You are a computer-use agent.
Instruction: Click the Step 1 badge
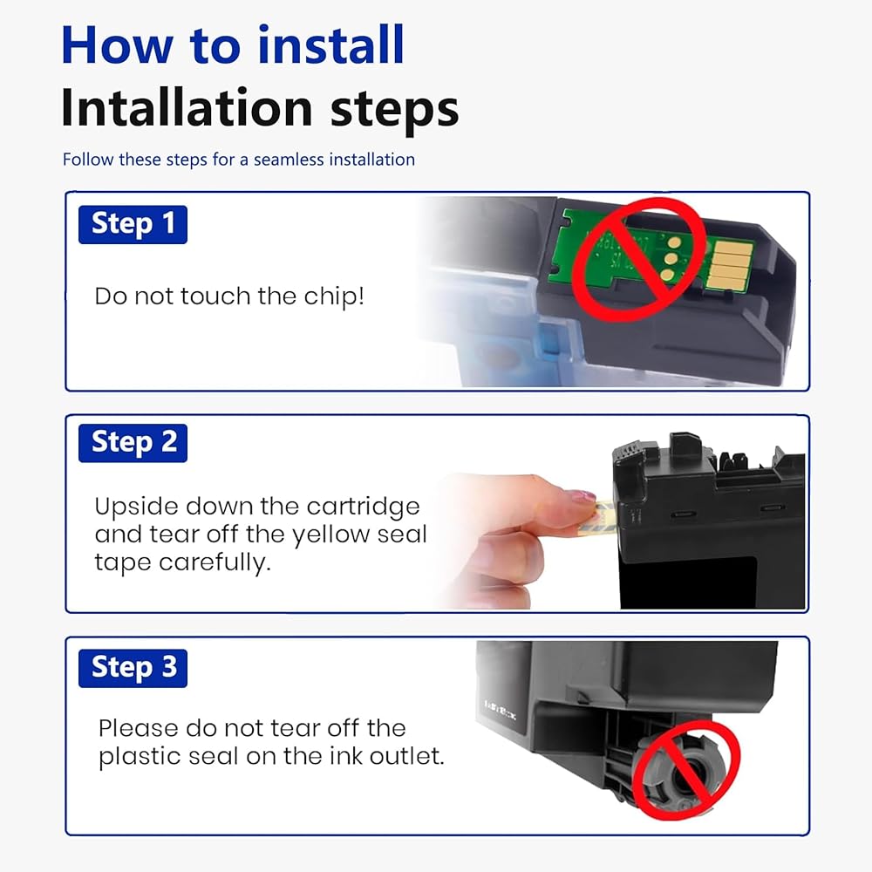pos(133,225)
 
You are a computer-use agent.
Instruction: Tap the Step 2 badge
pos(133,443)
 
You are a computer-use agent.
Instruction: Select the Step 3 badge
pos(133,668)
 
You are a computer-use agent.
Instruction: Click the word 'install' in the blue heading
pos(330,45)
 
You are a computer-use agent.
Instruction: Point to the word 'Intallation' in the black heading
pos(187,107)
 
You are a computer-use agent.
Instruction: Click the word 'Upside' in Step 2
pos(136,508)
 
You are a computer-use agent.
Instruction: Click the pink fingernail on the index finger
pos(580,495)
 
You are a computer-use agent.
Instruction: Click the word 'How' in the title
pos(117,45)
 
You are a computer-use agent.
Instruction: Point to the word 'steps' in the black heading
pos(394,110)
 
